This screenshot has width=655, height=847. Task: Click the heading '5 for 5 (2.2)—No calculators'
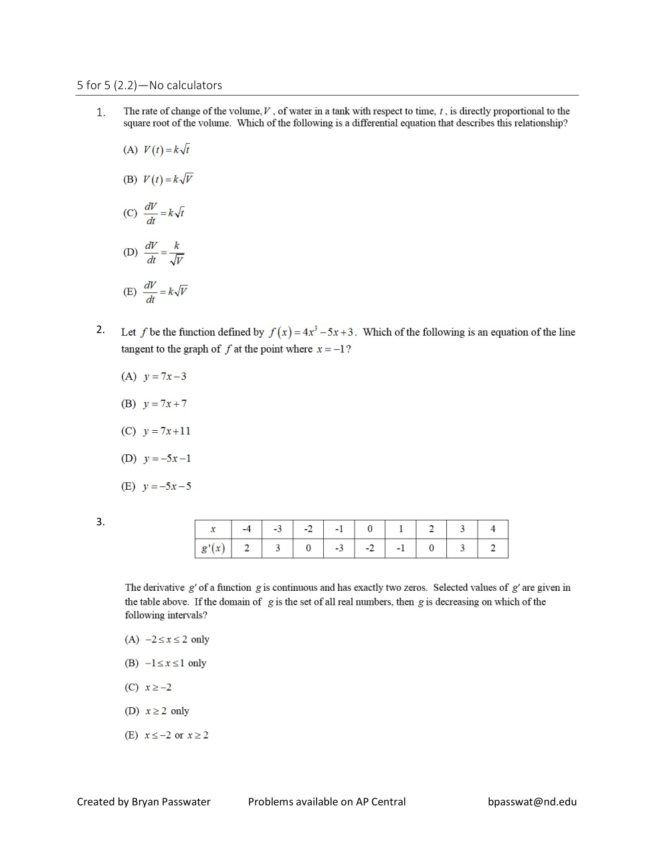149,85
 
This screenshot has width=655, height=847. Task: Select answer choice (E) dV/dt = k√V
156,292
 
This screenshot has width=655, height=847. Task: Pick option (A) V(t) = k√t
157,150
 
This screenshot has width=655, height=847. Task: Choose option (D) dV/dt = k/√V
154,253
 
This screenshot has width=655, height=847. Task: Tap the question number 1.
100,112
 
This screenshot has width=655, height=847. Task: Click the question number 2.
100,329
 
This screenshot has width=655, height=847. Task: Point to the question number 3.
100,522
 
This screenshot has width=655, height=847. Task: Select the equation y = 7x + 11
156,432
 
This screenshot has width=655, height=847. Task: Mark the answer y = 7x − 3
154,377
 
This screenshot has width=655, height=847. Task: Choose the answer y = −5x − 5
156,486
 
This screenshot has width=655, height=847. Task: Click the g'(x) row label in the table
213,549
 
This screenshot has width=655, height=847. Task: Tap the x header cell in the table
213,529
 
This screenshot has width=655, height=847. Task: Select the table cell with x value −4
246,529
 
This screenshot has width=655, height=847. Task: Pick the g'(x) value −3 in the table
339,549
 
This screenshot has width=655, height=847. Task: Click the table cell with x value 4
492,529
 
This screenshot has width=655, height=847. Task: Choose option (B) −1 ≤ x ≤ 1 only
165,663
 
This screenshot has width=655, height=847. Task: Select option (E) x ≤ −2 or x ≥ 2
167,735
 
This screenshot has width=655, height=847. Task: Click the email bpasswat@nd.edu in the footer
532,802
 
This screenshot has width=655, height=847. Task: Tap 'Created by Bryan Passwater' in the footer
144,802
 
